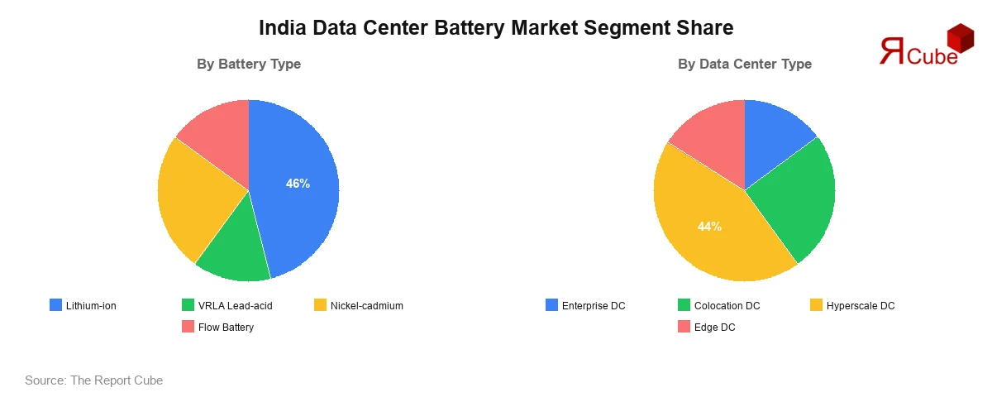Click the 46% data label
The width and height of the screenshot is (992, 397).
298,184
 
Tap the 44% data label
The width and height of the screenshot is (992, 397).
709,226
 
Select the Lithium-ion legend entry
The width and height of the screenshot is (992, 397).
83,305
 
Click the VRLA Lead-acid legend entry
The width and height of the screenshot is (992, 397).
227,305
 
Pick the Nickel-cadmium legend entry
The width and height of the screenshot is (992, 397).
359,305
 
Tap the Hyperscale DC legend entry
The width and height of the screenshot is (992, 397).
852,305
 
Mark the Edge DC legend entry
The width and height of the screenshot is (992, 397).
706,327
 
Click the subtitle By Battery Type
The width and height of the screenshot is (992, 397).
249,64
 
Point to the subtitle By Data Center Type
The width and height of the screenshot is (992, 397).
745,64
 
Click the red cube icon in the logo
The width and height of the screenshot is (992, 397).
960,38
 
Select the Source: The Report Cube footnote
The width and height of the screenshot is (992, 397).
93,380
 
